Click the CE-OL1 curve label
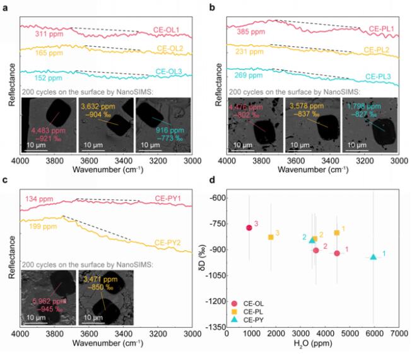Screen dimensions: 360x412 coord(170,30)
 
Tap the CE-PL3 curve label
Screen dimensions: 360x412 coord(380,76)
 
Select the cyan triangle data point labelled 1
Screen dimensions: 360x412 coord(374,256)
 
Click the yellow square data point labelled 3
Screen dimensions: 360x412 coord(271,237)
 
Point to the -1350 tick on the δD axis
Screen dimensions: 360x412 coord(215,327)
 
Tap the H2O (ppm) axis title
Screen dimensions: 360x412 coord(312,346)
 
